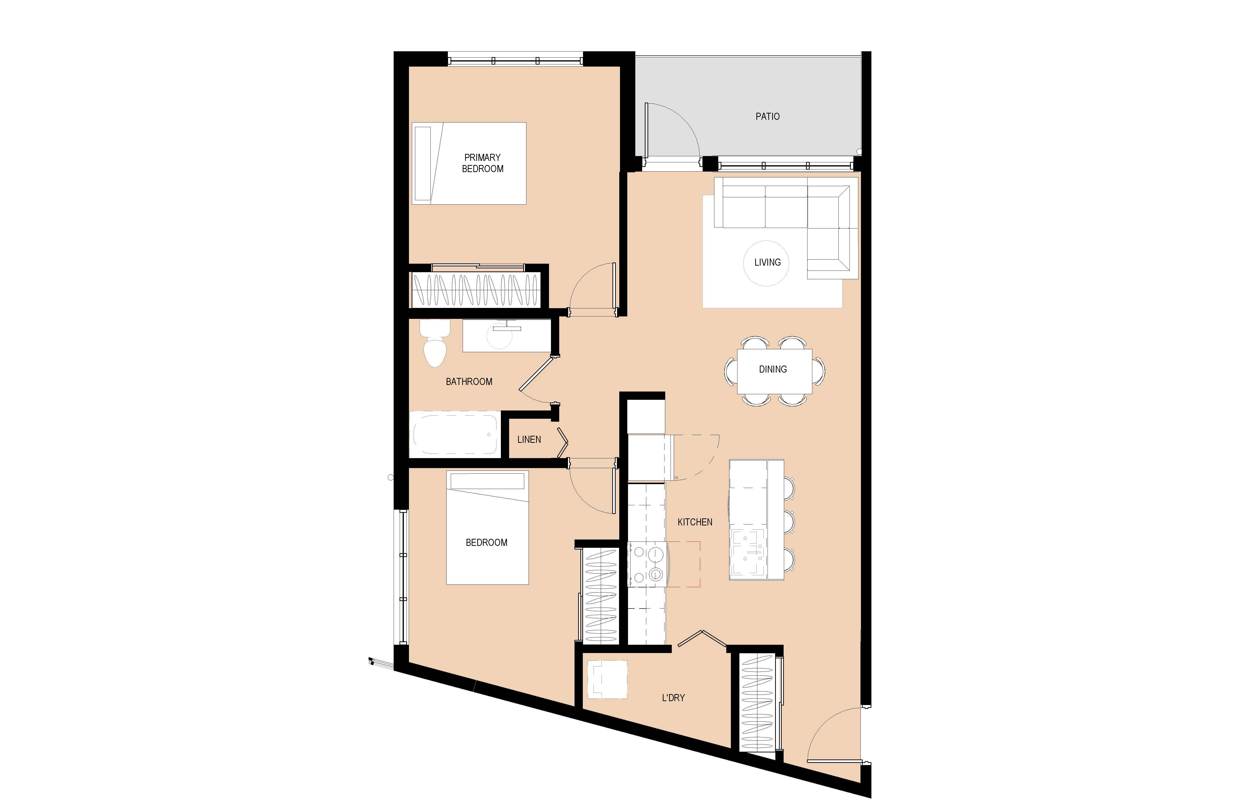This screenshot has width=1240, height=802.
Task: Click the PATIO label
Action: [x=767, y=117]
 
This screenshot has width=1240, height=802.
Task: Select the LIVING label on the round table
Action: [x=767, y=262]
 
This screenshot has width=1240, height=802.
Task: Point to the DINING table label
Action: [x=773, y=369]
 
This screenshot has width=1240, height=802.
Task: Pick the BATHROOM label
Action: [x=469, y=382]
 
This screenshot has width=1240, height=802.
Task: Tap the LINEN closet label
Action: [x=529, y=440]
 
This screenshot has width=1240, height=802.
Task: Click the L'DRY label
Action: [x=673, y=697]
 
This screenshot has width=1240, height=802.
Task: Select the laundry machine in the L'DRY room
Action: [x=607, y=680]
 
